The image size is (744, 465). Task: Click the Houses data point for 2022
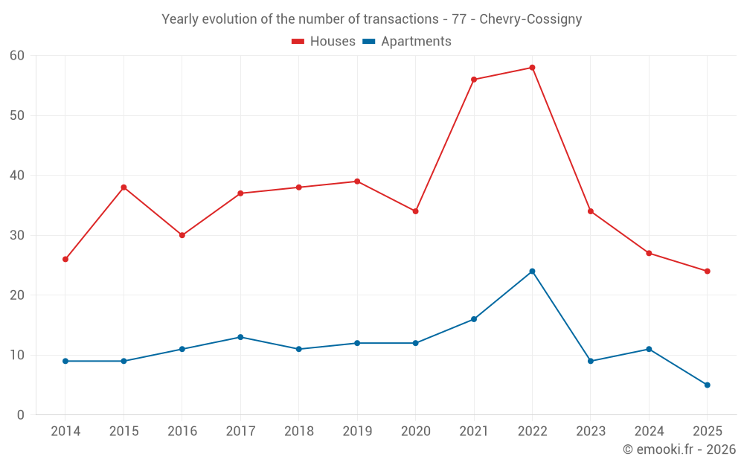tap(532, 68)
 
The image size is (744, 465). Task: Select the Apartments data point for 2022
tap(532, 272)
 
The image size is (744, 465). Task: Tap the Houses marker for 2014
tap(65, 260)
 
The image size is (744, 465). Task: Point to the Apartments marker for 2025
tap(707, 385)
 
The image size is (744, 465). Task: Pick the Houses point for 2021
tap(474, 80)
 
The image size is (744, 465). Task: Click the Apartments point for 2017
tap(240, 337)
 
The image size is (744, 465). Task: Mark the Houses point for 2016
tap(182, 235)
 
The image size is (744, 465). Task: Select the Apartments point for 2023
tap(591, 362)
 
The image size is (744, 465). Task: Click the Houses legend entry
tap(324, 42)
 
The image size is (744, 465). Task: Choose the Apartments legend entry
tap(407, 42)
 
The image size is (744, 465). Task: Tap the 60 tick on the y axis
tap(17, 56)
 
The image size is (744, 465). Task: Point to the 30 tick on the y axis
tap(17, 235)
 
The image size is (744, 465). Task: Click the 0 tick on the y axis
tap(21, 415)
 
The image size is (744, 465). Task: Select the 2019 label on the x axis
tap(357, 432)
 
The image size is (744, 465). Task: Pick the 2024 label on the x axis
tap(649, 432)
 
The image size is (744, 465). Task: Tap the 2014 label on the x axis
tap(65, 432)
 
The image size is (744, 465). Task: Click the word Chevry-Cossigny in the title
tap(530, 19)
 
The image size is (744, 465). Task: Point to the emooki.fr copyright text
tap(679, 449)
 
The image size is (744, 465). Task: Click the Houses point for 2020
tap(415, 211)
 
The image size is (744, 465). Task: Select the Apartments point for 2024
tap(649, 349)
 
